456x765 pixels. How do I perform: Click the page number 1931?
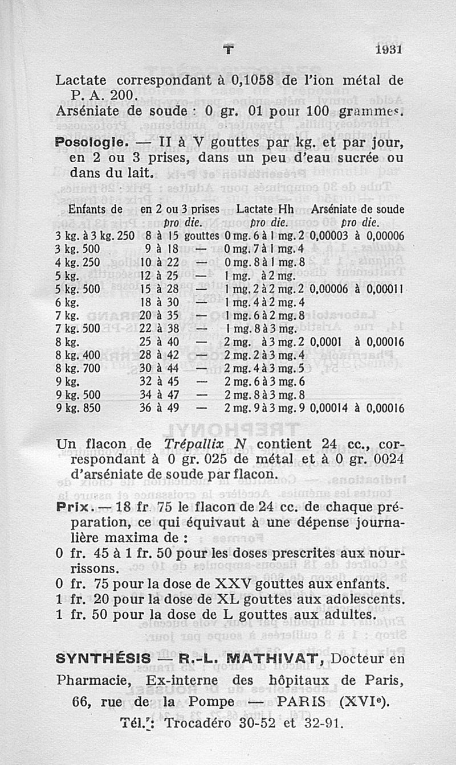(x=390, y=50)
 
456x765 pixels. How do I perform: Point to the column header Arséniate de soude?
(x=359, y=209)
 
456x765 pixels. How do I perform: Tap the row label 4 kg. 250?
(x=78, y=262)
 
